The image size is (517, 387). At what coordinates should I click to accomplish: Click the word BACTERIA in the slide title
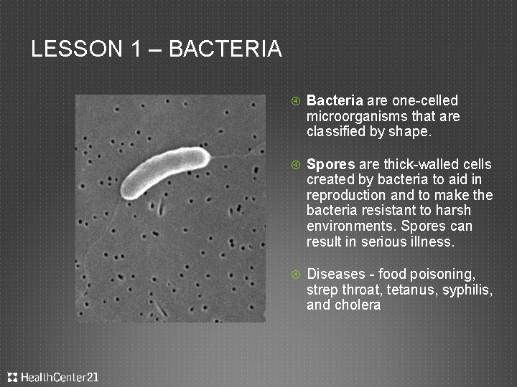coord(226,49)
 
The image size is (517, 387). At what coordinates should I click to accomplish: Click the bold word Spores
coord(330,164)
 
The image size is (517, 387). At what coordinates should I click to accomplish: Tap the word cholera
coord(357,305)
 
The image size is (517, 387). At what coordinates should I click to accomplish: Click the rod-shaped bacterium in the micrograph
coord(163,172)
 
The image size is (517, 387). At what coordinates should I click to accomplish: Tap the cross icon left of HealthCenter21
coord(12,376)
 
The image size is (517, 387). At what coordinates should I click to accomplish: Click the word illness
coord(430,242)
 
